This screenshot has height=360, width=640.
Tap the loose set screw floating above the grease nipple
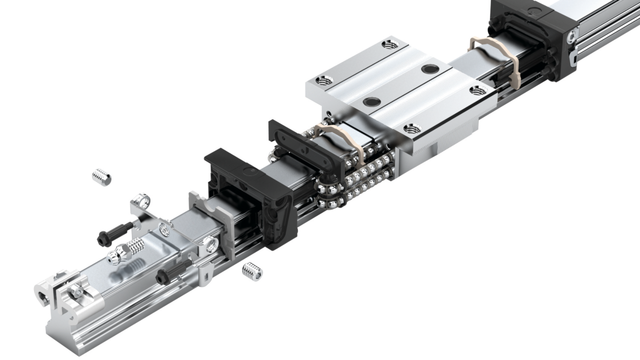(102, 177)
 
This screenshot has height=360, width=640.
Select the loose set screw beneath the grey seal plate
(252, 271)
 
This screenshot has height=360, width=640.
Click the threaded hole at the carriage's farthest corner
(389, 44)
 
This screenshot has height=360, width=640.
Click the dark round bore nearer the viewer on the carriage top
(371, 101)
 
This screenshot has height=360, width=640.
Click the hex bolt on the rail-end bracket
(77, 291)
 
